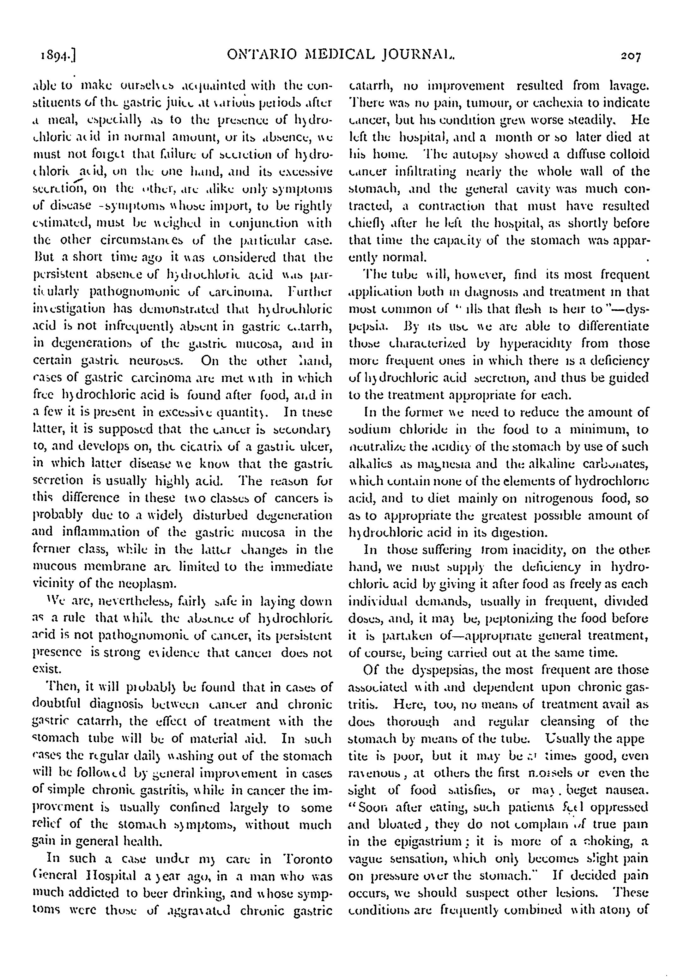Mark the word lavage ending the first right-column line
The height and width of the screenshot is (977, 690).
tap(625, 86)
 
